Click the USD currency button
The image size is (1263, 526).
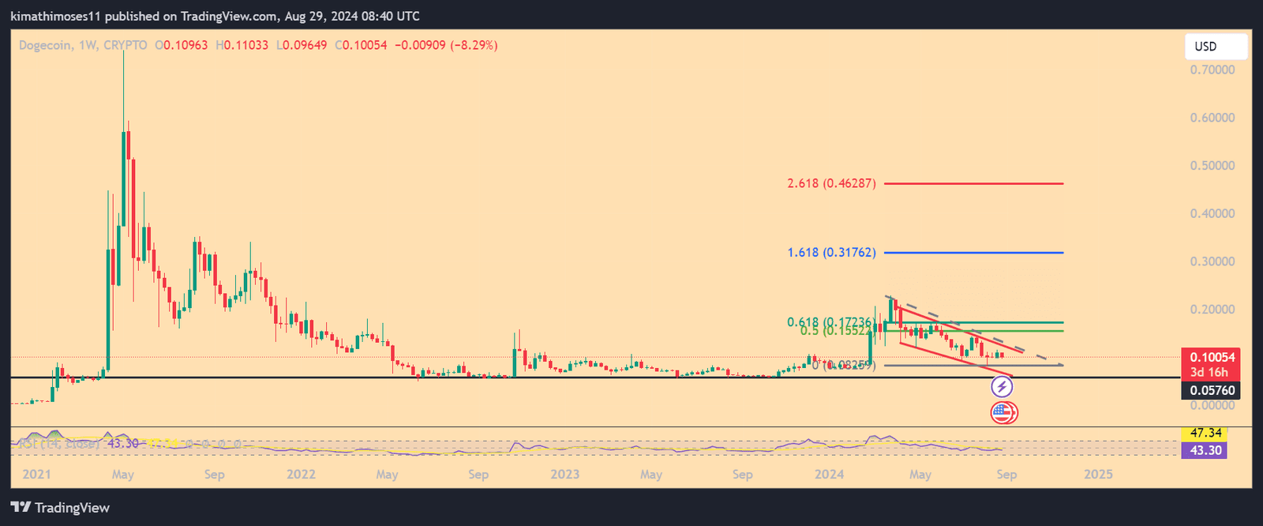point(1216,47)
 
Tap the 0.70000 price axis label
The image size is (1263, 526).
point(1212,70)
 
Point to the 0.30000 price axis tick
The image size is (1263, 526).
point(1212,261)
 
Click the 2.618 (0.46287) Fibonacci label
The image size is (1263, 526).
point(831,184)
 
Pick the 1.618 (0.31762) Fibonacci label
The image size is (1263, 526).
point(831,253)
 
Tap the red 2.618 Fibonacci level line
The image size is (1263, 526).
point(979,184)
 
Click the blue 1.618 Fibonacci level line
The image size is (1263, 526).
point(979,253)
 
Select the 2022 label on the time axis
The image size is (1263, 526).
point(301,475)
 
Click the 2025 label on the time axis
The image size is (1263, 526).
point(1098,475)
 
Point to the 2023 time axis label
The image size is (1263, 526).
point(564,475)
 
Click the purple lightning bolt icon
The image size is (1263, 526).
point(1002,387)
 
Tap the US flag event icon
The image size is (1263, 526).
point(1003,412)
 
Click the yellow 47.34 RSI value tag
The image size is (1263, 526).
point(1205,434)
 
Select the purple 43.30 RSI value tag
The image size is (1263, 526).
point(1205,451)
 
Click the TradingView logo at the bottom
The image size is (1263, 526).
point(61,508)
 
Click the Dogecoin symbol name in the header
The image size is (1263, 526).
point(45,46)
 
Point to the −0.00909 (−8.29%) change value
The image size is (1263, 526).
point(448,46)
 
